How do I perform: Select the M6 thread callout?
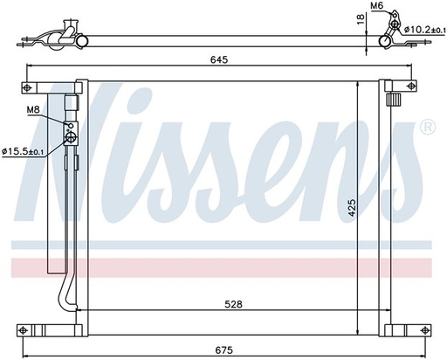(x=377, y=6)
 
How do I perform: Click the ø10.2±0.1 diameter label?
(x=423, y=31)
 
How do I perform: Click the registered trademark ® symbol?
(x=427, y=128)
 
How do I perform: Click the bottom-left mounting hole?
(x=26, y=331)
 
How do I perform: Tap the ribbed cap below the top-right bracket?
(x=394, y=100)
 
